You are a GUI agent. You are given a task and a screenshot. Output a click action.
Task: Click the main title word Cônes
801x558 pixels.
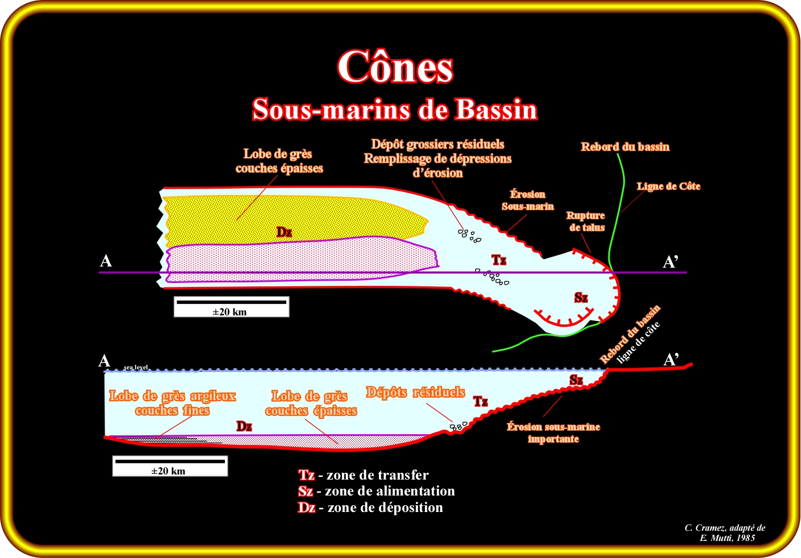tap(395, 67)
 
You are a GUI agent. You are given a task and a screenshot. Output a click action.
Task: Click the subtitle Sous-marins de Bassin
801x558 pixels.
tap(395, 109)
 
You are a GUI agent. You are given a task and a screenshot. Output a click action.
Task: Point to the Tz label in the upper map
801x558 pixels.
tap(499, 260)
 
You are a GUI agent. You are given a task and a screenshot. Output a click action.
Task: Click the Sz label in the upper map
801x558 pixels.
tap(581, 298)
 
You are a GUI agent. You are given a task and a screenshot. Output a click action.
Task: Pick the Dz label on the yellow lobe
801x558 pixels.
tap(284, 232)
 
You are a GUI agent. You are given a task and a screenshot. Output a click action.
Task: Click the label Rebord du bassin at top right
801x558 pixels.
tap(625, 147)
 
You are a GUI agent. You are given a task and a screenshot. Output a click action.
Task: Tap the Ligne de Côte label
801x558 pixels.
tap(668, 186)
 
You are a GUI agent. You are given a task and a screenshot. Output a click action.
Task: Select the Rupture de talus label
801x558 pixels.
tap(586, 222)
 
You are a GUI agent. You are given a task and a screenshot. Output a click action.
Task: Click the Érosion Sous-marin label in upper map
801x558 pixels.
tap(527, 200)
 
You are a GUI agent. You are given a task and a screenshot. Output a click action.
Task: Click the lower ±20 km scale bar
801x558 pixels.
tap(170, 466)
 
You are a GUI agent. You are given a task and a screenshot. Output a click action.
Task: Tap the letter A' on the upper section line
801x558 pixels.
tap(671, 262)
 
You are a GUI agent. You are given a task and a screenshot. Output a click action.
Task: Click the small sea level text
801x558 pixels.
tap(136, 367)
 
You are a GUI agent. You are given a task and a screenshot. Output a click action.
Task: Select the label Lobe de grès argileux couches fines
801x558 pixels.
tap(172, 403)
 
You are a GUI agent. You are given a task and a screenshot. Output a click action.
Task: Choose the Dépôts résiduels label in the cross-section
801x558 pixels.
tap(415, 392)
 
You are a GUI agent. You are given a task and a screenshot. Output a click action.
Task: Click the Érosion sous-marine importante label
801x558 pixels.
tap(553, 433)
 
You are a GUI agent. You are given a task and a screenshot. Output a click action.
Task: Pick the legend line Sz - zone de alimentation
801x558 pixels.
tap(377, 491)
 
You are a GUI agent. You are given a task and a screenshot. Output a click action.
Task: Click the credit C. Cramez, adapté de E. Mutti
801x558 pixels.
tap(725, 532)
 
